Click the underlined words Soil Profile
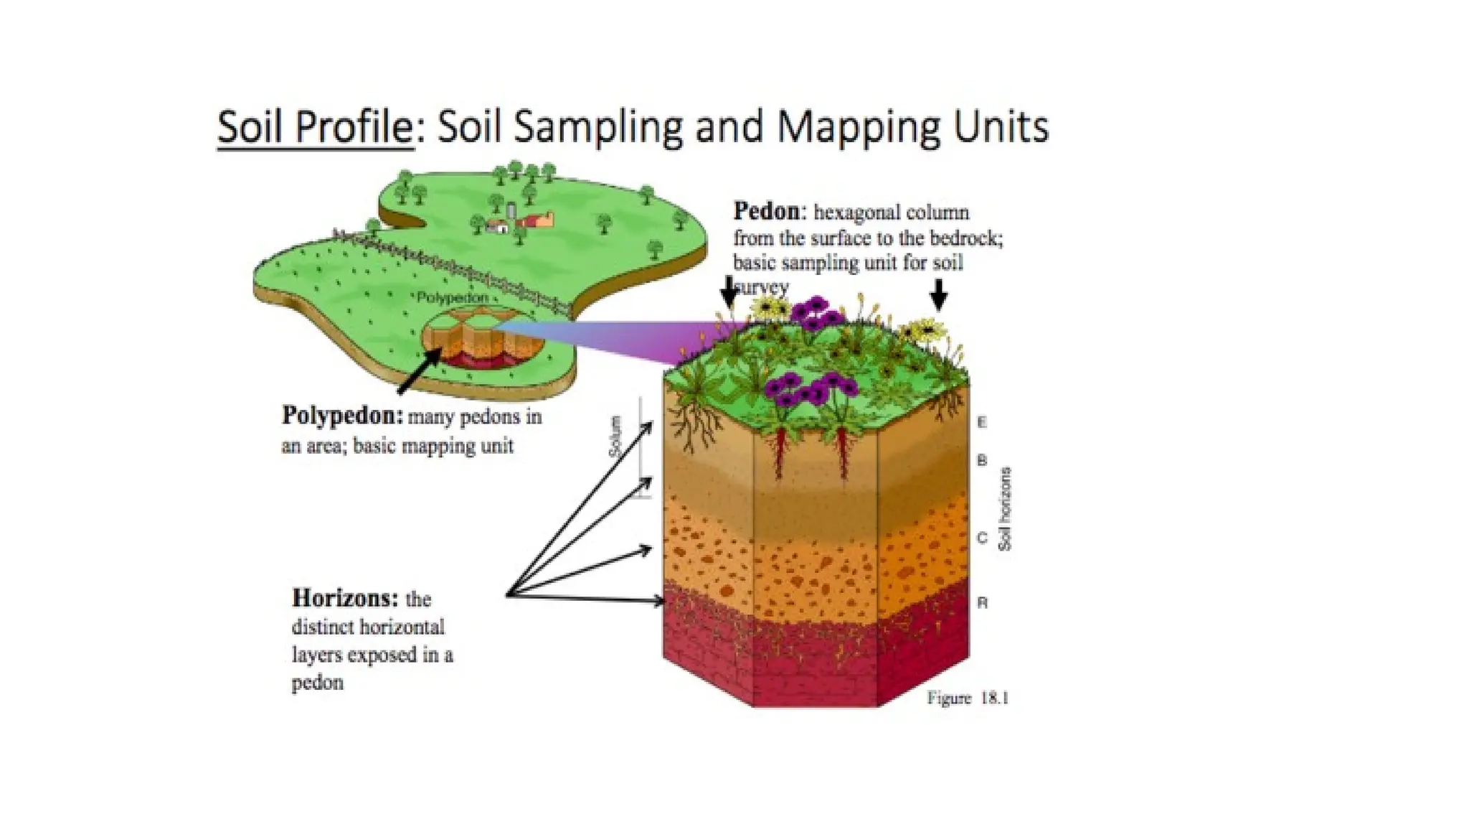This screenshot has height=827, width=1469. click(316, 127)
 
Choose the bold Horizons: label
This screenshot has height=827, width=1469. click(344, 597)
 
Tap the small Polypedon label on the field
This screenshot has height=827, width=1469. click(452, 297)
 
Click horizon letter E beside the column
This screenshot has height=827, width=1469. click(982, 422)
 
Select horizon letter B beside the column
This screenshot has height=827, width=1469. click(982, 460)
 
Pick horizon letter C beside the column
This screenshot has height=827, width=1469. click(982, 538)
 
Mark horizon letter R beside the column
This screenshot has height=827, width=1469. click(982, 603)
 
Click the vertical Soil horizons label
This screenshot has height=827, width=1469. click(1005, 509)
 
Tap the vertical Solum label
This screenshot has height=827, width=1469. click(615, 436)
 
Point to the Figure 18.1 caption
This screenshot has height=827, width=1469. click(967, 698)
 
